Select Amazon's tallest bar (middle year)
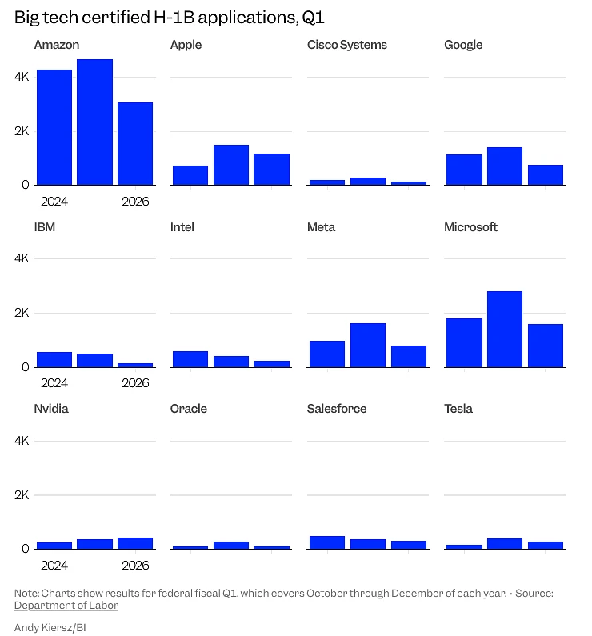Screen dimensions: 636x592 (94, 122)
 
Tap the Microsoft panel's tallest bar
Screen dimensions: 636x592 (504, 329)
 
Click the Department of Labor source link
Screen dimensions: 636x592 (66, 606)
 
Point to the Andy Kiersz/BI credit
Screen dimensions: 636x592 (50, 628)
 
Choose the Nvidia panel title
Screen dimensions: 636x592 (51, 409)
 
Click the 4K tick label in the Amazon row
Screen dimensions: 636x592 (21, 77)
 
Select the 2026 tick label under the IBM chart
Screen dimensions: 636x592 (135, 383)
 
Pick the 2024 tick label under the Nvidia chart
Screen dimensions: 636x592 (54, 565)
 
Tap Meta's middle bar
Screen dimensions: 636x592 (367, 345)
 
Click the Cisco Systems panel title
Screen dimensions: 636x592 (346, 45)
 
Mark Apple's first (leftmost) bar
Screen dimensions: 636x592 (190, 175)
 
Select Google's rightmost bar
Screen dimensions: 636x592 (545, 174)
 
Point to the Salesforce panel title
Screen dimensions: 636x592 (337, 409)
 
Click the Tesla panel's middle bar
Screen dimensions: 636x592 (504, 543)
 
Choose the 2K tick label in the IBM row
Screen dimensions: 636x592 (21, 313)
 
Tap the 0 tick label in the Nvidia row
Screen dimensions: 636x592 (25, 549)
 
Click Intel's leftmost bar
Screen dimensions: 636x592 (190, 358)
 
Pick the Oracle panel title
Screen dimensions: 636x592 (189, 409)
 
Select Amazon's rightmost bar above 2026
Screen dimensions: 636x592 (135, 143)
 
